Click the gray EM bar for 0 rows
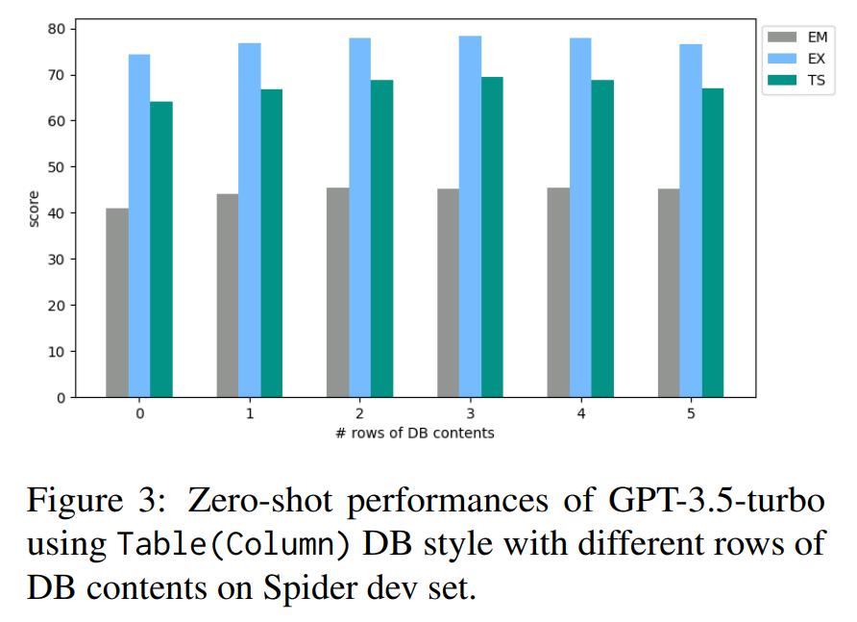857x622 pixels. (117, 303)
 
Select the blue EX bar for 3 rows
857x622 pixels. (470, 216)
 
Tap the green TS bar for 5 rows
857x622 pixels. (713, 243)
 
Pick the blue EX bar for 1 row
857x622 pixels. (250, 220)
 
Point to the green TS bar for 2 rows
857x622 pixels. (382, 238)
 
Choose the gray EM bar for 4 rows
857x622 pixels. (558, 292)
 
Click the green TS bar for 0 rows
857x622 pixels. (161, 249)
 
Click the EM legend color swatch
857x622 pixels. (781, 37)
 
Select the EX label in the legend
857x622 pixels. (817, 59)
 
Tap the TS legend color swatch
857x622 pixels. (781, 81)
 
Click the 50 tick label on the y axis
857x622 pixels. (57, 167)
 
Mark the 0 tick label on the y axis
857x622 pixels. (61, 398)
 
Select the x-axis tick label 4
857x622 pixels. (581, 413)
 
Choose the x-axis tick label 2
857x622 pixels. (359, 413)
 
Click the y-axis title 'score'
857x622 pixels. (34, 209)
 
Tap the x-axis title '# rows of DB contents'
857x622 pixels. (415, 434)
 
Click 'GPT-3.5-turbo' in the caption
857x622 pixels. (717, 500)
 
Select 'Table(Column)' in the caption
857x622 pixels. (233, 544)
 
